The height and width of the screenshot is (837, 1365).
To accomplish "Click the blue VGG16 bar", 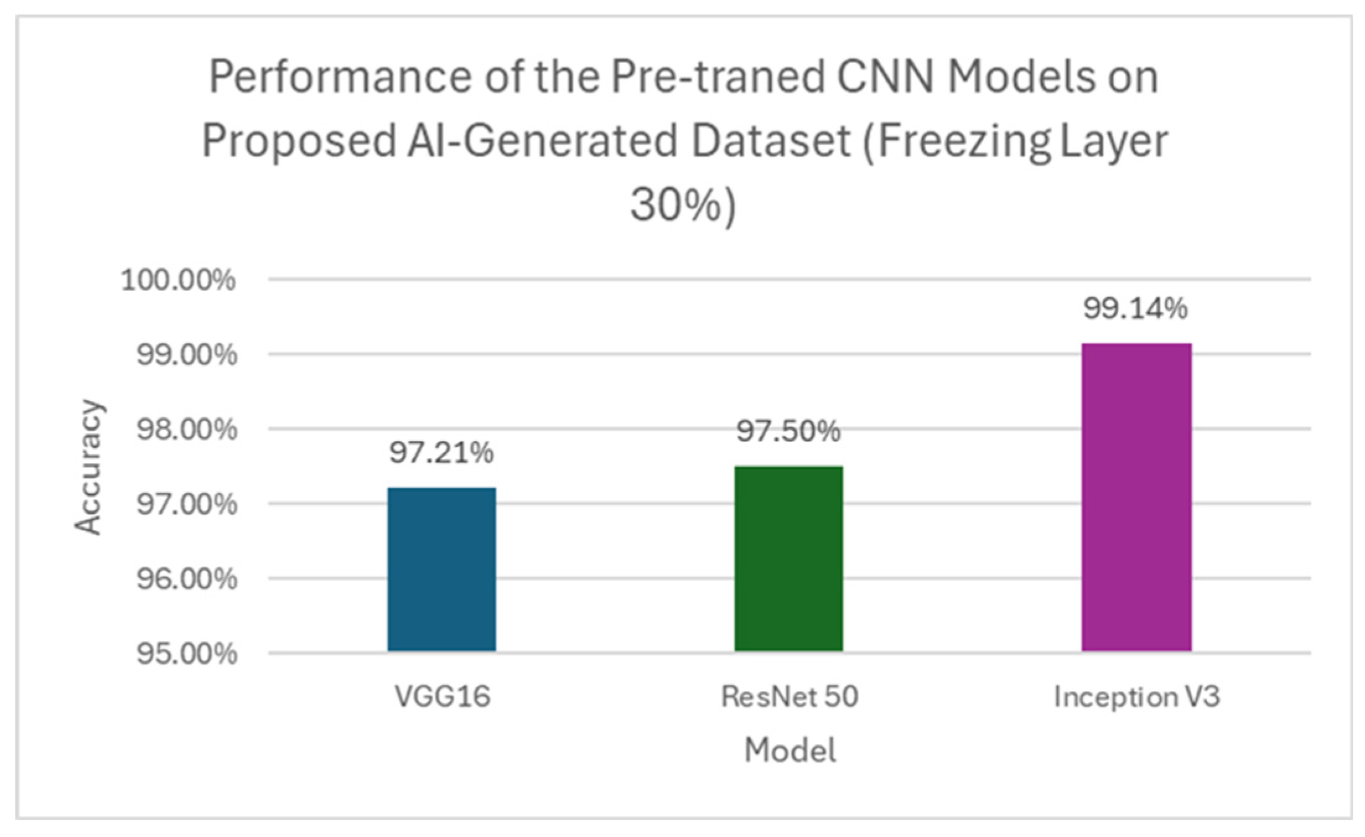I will pyautogui.click(x=442, y=569).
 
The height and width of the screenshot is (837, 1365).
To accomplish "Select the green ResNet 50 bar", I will pyautogui.click(x=788, y=558).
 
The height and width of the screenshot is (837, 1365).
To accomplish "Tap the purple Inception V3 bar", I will pyautogui.click(x=1136, y=497).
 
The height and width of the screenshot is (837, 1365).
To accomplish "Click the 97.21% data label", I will pyautogui.click(x=442, y=453).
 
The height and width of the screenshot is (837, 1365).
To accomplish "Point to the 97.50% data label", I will pyautogui.click(x=788, y=432).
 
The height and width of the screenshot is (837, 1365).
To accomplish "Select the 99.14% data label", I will pyautogui.click(x=1135, y=308).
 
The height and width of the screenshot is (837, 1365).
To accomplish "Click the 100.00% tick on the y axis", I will pyautogui.click(x=178, y=280).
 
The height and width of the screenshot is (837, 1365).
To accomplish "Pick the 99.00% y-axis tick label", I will pyautogui.click(x=186, y=355).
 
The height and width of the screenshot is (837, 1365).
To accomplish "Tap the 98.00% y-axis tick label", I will pyautogui.click(x=186, y=430).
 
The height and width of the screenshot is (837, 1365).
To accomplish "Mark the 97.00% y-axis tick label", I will pyautogui.click(x=186, y=505).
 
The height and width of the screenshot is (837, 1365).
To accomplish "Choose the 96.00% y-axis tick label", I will pyautogui.click(x=186, y=579).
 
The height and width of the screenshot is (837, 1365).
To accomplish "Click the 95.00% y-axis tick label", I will pyautogui.click(x=186, y=654).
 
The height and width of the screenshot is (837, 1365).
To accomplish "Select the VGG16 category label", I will pyautogui.click(x=442, y=697).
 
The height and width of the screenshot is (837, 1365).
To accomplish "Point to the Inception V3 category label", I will pyautogui.click(x=1136, y=697).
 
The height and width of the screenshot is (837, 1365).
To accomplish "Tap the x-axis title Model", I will pyautogui.click(x=790, y=750).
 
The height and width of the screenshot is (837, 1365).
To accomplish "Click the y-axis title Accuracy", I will pyautogui.click(x=88, y=467).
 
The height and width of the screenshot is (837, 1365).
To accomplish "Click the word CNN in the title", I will pyautogui.click(x=884, y=78).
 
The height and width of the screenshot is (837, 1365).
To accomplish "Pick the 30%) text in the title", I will pyautogui.click(x=682, y=205).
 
